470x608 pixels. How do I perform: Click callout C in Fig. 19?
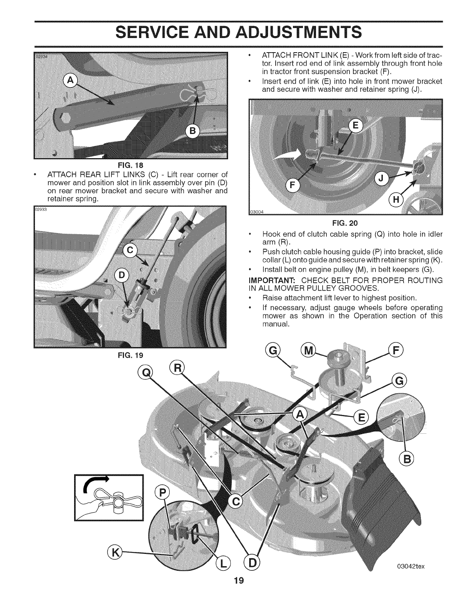[131, 251]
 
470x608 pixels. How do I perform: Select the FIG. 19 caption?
[131, 355]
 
